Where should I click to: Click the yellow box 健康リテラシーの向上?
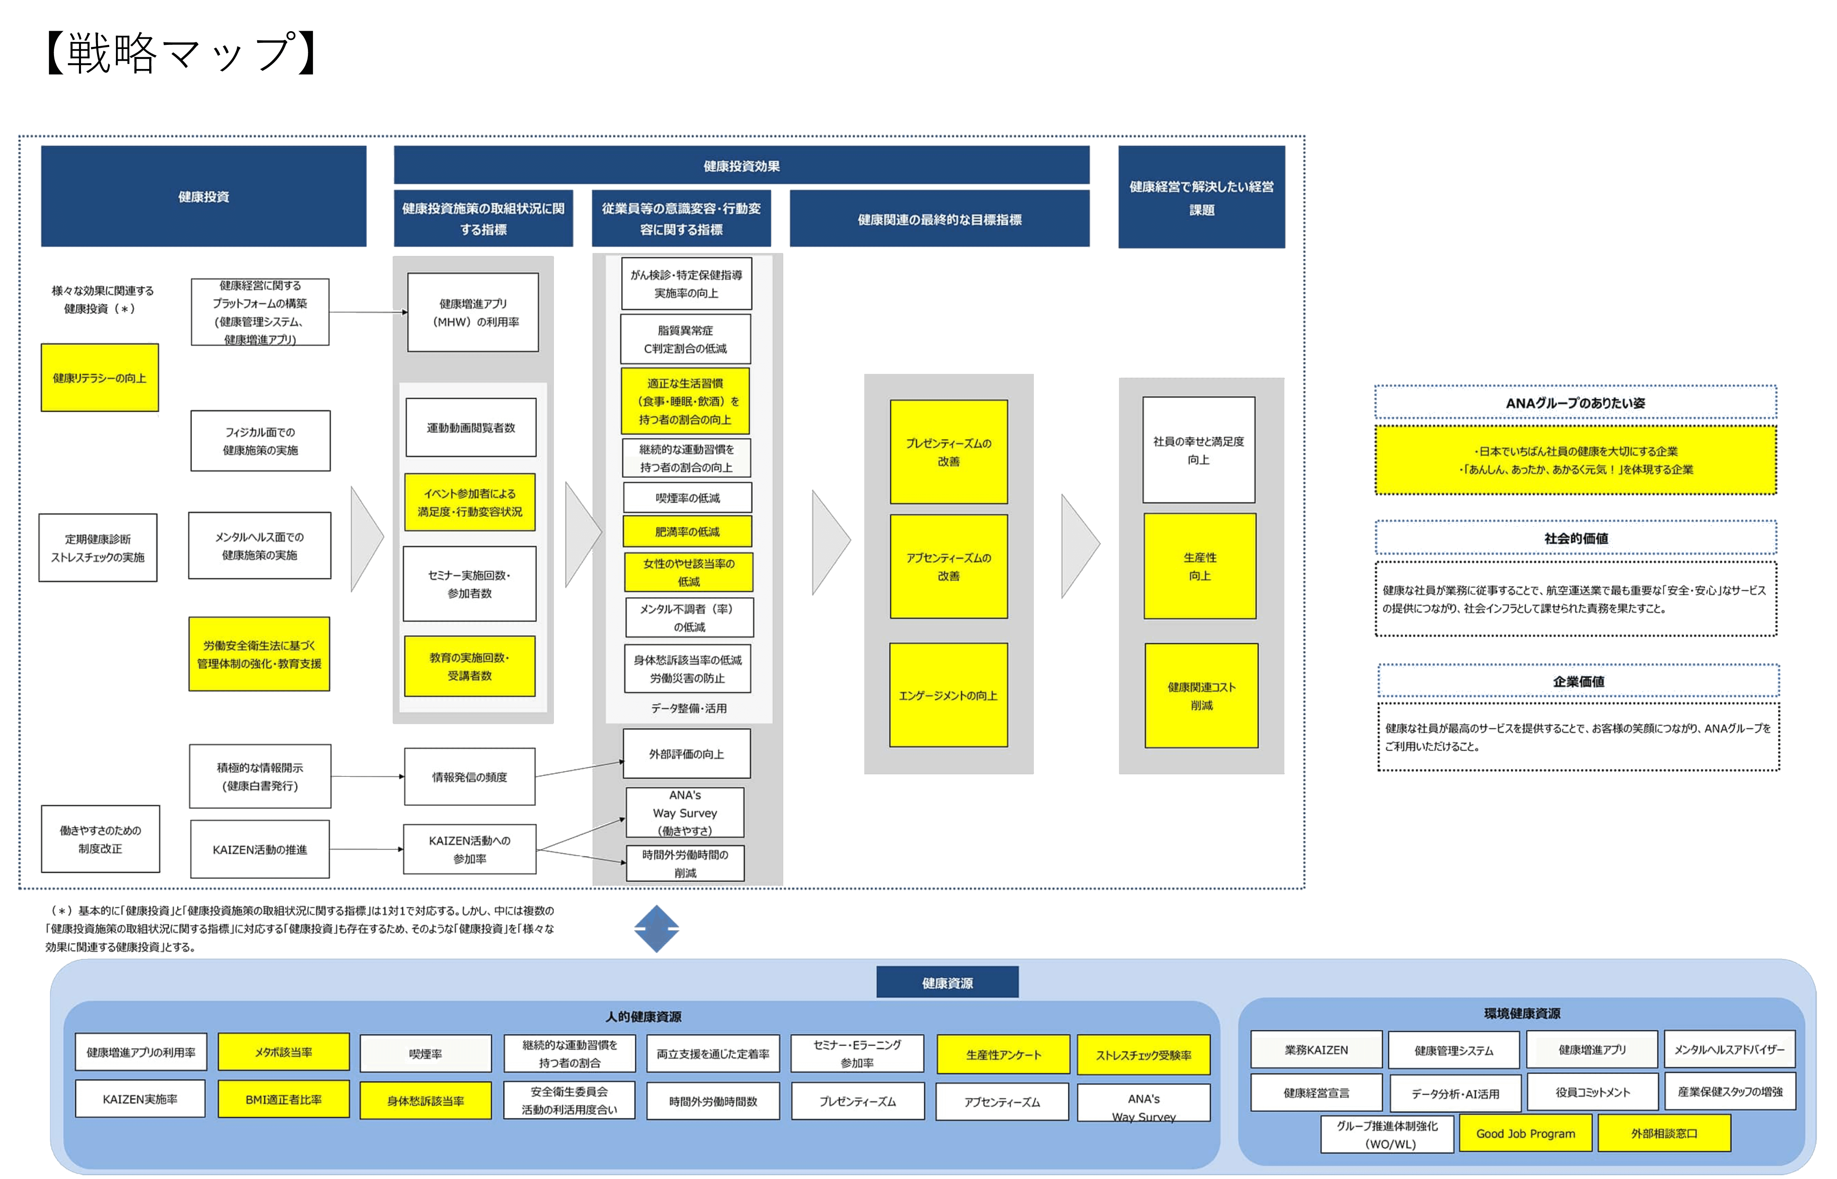pos(100,378)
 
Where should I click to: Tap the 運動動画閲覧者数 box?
pos(471,427)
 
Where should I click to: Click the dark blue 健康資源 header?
pos(947,982)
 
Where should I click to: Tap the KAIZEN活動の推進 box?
pos(260,849)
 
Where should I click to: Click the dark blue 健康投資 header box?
pos(204,197)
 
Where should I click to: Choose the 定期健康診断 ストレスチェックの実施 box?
pos(98,548)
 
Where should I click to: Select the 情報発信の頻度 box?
pos(470,776)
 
